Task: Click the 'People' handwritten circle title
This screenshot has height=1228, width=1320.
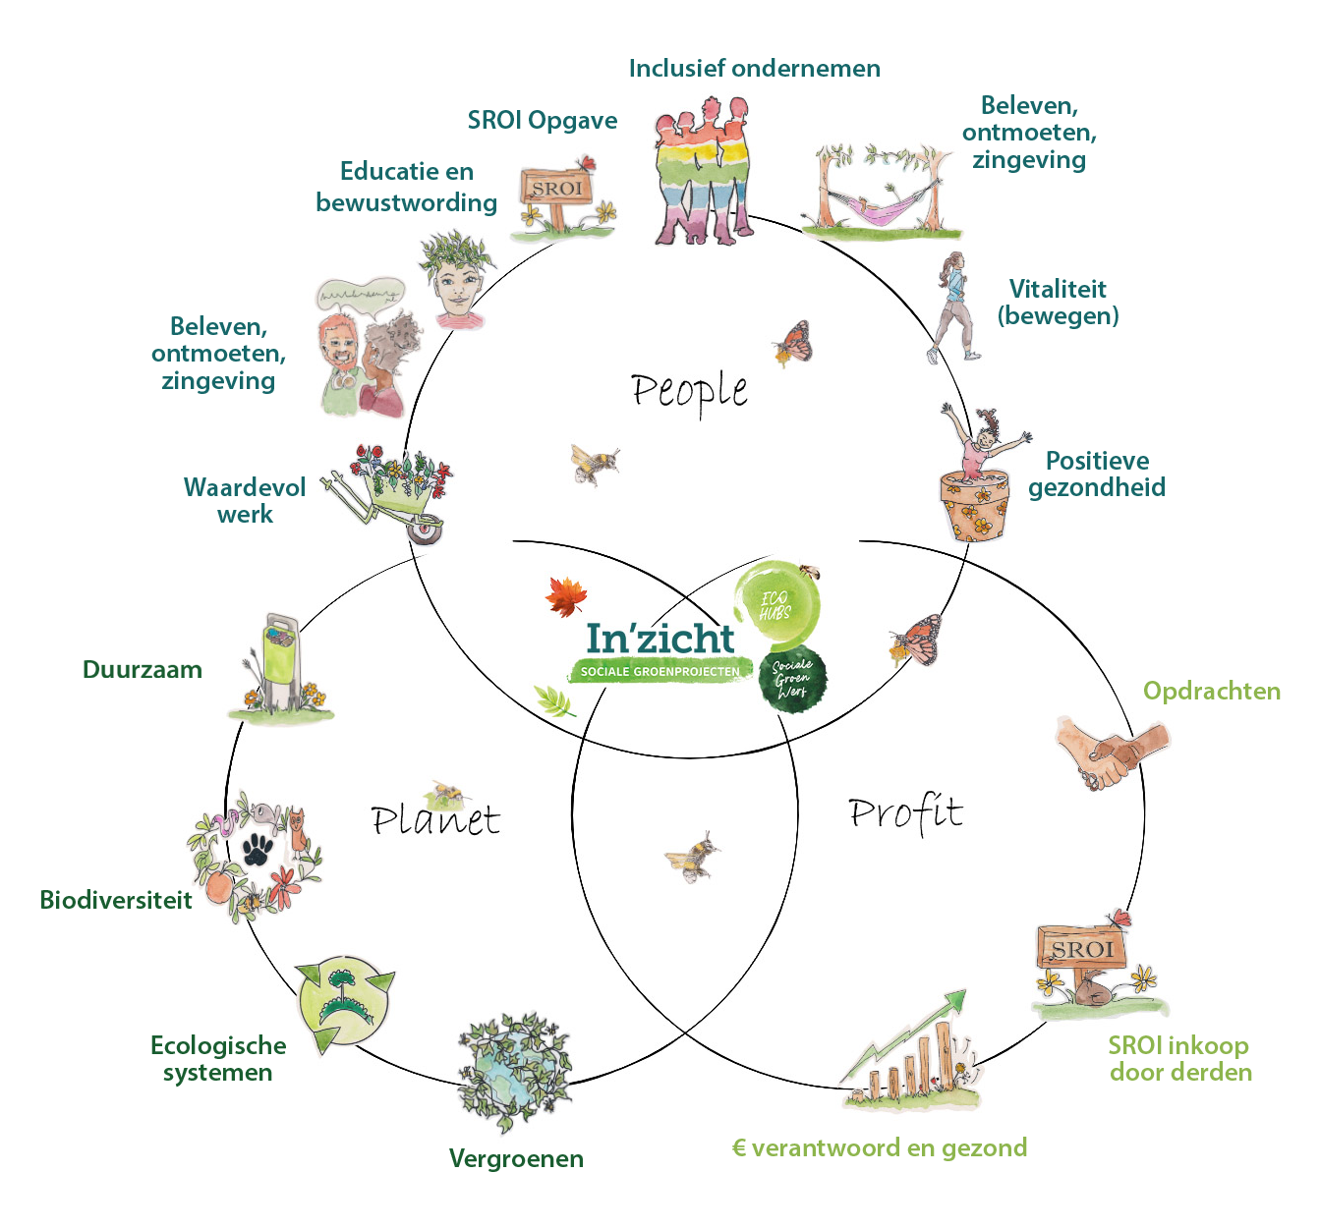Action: (689, 391)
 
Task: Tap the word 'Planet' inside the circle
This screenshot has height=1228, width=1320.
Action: (435, 819)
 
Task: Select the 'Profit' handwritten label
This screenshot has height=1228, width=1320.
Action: (905, 813)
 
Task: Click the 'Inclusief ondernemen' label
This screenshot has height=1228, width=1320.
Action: (754, 69)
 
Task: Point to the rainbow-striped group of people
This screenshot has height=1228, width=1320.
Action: (704, 172)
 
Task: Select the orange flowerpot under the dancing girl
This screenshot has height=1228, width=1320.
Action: (974, 504)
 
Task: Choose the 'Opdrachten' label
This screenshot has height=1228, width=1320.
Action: (1211, 692)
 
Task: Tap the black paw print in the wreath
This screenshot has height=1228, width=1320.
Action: (258, 849)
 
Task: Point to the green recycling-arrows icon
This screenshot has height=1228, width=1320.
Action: (343, 1003)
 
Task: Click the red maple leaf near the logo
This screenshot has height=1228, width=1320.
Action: (566, 596)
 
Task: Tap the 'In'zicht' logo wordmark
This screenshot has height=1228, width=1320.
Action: (660, 639)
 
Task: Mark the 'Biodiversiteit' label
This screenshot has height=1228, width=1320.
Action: (116, 901)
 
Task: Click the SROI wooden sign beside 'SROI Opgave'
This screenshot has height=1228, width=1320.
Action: (557, 188)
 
